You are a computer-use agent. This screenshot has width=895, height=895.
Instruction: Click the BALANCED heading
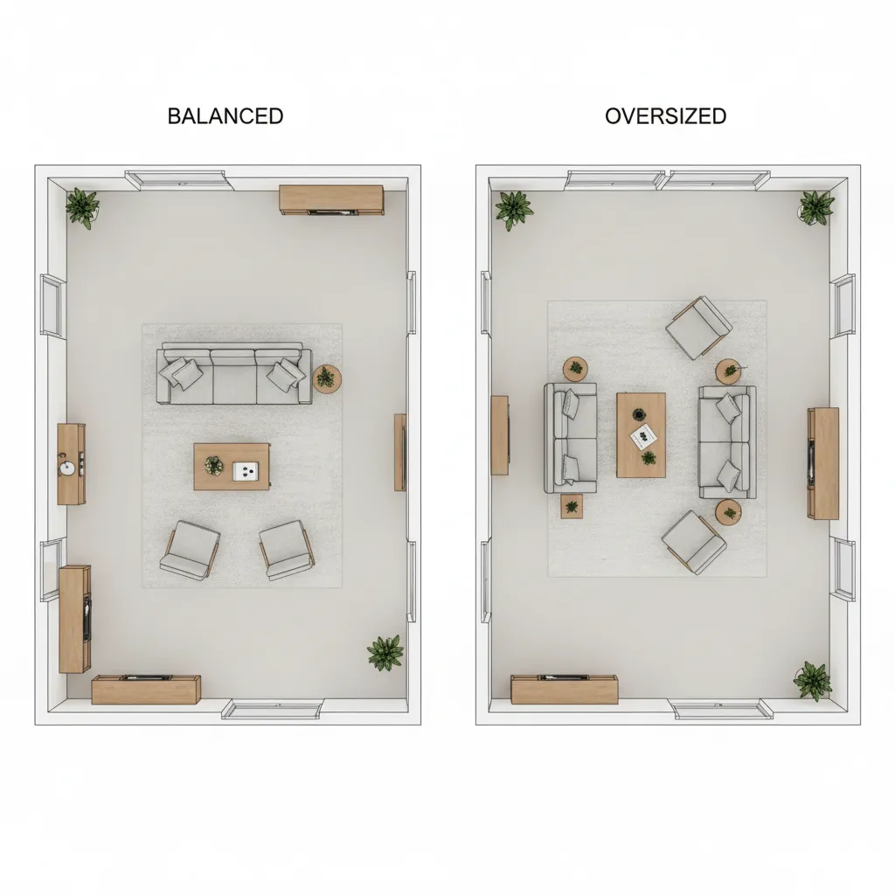(225, 116)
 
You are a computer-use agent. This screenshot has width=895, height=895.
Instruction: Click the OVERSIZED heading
(665, 116)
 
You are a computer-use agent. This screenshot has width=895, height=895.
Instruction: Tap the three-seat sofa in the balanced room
(234, 373)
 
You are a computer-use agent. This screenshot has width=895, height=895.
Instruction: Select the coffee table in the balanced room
(232, 467)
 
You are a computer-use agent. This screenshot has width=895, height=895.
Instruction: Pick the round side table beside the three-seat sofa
(327, 378)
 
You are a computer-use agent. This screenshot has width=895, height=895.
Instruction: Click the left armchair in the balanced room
(190, 551)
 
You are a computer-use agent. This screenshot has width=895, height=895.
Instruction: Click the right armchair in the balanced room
(287, 551)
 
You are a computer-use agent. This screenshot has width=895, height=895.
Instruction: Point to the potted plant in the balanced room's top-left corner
(83, 208)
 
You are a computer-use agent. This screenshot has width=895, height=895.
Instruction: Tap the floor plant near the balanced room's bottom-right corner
(385, 652)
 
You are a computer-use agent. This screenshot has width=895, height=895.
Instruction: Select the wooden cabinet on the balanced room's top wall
(331, 200)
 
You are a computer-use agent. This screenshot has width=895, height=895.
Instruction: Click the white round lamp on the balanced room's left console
(67, 468)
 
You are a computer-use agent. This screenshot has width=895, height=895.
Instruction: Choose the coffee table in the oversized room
(641, 435)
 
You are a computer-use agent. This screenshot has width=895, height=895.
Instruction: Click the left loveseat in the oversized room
(570, 438)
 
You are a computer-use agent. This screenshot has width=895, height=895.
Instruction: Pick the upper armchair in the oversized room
(699, 328)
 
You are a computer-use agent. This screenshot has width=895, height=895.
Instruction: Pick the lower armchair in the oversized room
(694, 542)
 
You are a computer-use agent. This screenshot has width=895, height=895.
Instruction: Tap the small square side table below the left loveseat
(572, 507)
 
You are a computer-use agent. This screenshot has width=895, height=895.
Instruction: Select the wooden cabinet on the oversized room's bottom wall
(565, 690)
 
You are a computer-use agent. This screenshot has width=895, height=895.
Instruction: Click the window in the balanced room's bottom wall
(273, 709)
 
